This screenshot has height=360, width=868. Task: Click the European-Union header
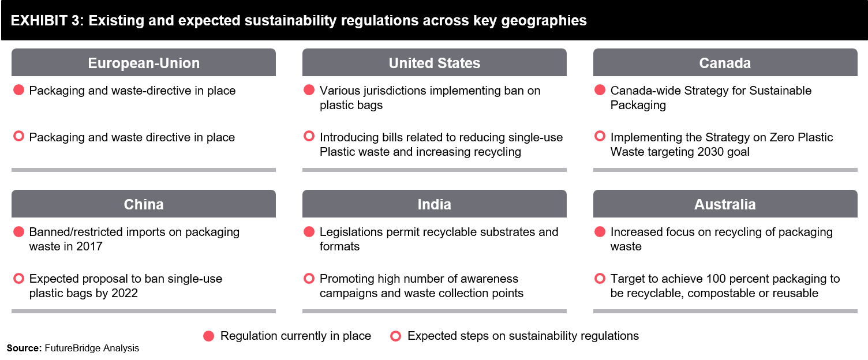[x=143, y=62]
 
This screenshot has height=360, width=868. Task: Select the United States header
[x=435, y=62]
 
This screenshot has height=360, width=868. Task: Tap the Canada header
[x=725, y=62]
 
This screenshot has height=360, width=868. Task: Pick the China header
[x=143, y=204]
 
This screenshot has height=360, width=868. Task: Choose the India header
[x=435, y=204]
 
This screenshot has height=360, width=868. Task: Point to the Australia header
[x=725, y=204]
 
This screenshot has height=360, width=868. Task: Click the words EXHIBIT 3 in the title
[x=47, y=21]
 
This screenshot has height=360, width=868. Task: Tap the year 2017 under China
[x=89, y=246]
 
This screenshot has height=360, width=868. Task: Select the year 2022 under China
[x=125, y=293]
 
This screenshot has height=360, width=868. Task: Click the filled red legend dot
[x=208, y=336]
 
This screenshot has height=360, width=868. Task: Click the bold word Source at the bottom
[x=23, y=348]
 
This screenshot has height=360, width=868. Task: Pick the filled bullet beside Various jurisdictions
[x=309, y=90]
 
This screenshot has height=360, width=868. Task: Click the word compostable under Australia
[x=721, y=293]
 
